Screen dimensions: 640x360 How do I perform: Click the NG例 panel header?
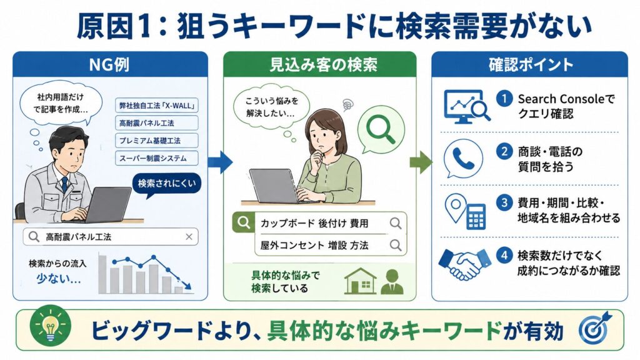point(110,64)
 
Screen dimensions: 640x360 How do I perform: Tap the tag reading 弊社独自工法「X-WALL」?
point(157,105)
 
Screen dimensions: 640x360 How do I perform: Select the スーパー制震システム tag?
point(157,158)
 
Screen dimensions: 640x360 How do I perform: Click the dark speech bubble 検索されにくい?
point(166,184)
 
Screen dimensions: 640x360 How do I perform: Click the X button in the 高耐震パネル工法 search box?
point(189,237)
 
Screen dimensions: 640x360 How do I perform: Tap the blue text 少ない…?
point(58,279)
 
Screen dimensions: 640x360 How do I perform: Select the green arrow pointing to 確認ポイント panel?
point(421,162)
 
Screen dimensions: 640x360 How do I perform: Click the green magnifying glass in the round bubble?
point(381,128)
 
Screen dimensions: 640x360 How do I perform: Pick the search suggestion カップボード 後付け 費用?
point(314,223)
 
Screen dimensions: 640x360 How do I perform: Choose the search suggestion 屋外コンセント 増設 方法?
point(314,245)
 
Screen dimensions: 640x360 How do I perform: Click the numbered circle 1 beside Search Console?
point(504,98)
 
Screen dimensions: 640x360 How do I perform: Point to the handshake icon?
point(464,264)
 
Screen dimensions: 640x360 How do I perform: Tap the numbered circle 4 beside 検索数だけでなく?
point(504,256)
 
